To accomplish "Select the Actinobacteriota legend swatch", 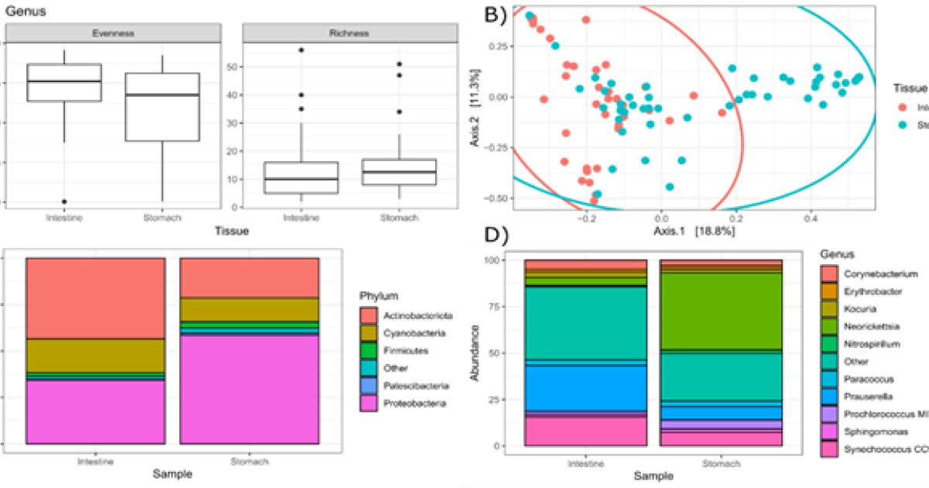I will [x=369, y=315].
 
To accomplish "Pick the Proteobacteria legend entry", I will [x=422, y=404].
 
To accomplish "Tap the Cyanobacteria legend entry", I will [x=419, y=333].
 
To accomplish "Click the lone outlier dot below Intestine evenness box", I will [x=64, y=201].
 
